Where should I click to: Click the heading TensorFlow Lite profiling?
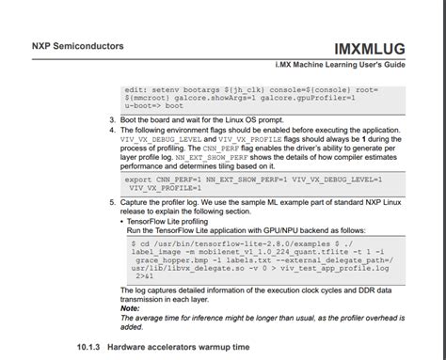coord(168,221)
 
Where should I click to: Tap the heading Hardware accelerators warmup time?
coord(178,347)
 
